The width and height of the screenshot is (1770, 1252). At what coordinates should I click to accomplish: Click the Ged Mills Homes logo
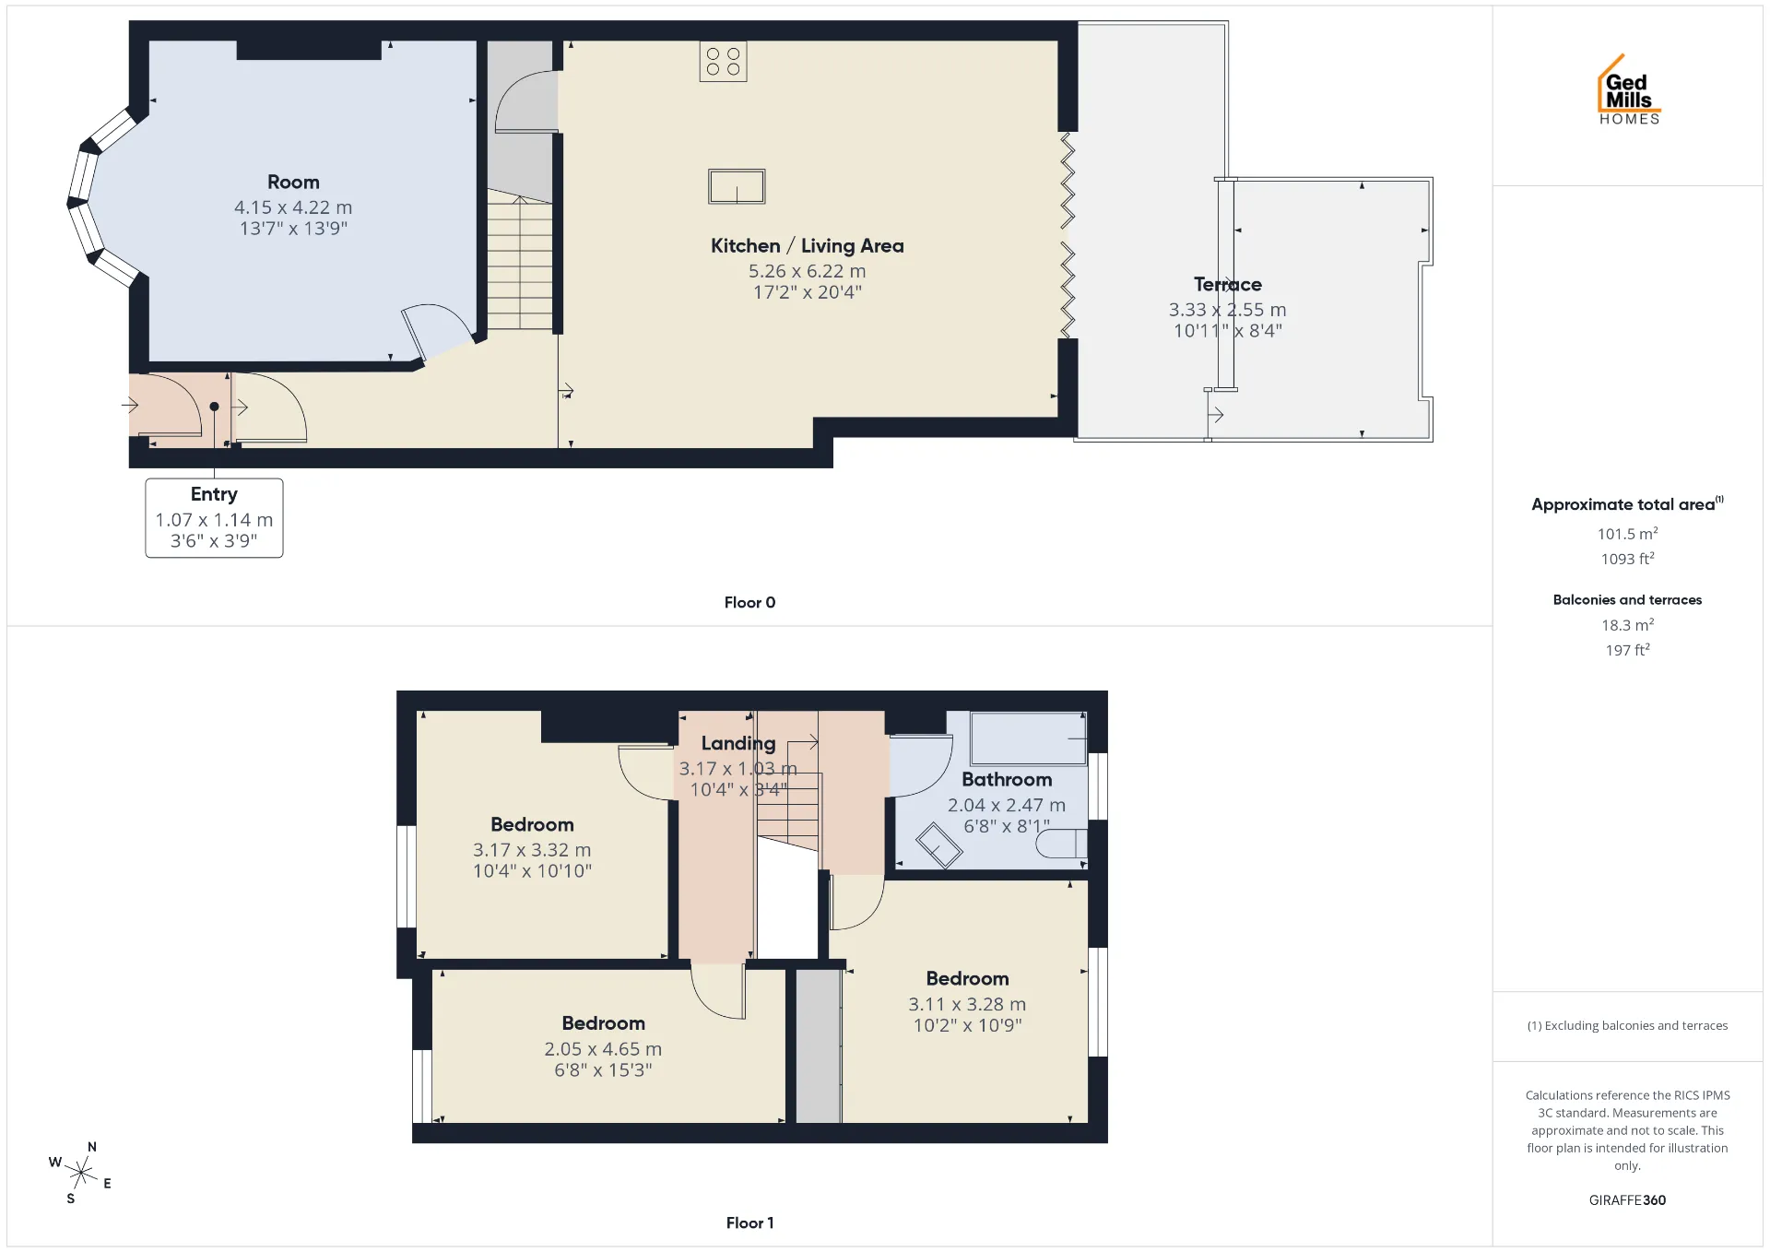tap(1629, 89)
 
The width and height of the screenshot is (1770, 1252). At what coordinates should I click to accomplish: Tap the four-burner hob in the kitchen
tap(723, 62)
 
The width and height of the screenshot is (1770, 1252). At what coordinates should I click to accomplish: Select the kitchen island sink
tap(737, 186)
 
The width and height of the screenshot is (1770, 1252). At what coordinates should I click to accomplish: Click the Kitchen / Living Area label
tap(807, 246)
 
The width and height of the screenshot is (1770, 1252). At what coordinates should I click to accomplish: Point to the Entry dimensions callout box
tap(214, 517)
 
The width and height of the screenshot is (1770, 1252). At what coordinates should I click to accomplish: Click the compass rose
tap(81, 1173)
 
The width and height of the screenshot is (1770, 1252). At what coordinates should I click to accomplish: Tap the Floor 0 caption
tap(749, 602)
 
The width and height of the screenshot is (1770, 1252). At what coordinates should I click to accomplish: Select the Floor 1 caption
tap(749, 1222)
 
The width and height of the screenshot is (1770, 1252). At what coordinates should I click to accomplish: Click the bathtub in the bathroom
tap(1029, 738)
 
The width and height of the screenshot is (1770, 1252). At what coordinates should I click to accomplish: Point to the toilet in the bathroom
tap(1062, 844)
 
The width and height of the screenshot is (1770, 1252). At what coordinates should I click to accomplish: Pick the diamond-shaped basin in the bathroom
tap(938, 845)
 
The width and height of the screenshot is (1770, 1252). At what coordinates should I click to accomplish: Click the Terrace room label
tap(1227, 285)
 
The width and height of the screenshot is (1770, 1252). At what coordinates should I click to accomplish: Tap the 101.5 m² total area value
tap(1627, 534)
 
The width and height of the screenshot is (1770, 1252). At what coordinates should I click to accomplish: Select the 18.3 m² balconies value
tap(1627, 625)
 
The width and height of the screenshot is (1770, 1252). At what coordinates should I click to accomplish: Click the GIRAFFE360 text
tap(1627, 1200)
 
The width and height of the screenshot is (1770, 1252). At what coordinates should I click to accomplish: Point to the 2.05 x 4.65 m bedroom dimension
tap(603, 1049)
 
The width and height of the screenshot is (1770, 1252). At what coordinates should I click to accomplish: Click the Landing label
tap(738, 743)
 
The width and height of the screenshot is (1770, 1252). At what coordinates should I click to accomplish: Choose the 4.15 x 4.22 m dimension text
tap(293, 207)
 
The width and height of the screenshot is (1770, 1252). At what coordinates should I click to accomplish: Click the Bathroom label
tap(1007, 780)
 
